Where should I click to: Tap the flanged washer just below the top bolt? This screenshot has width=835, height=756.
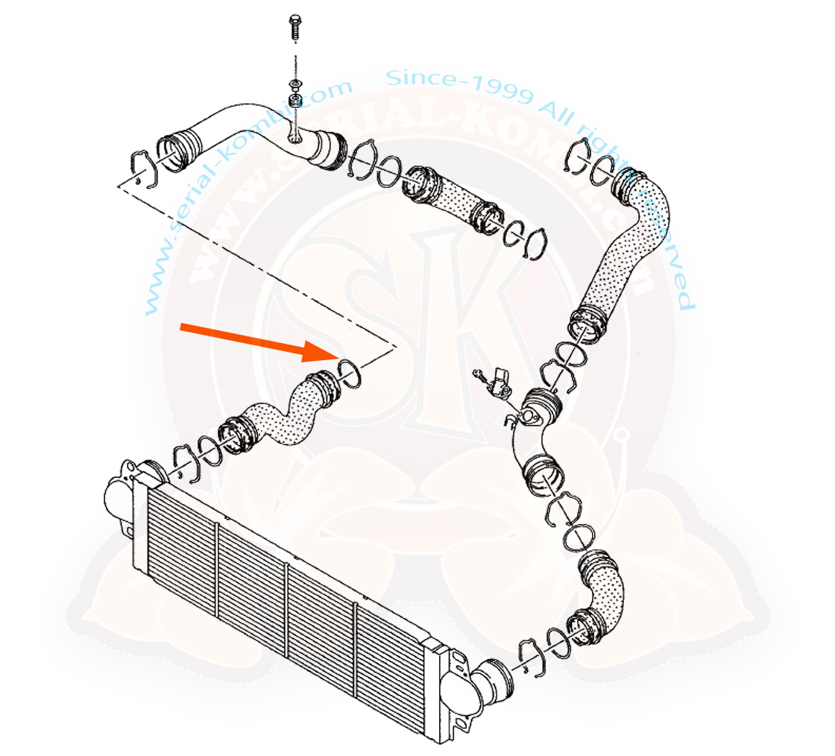pyautogui.click(x=294, y=82)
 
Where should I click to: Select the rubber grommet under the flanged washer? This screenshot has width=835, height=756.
pyautogui.click(x=294, y=100)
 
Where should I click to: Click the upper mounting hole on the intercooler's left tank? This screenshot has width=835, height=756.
pyautogui.click(x=126, y=470)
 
